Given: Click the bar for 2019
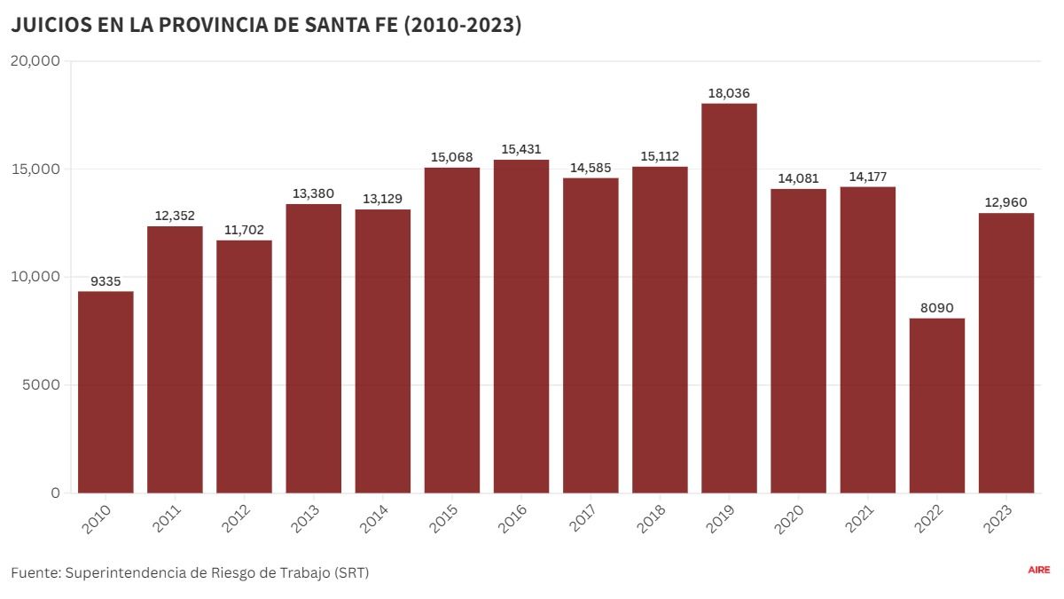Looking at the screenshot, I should click(x=729, y=298).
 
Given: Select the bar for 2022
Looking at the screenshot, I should click(x=937, y=406).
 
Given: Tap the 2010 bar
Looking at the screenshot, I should click(x=106, y=392).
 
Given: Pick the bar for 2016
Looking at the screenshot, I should click(x=521, y=327).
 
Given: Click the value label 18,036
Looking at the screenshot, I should click(x=729, y=93).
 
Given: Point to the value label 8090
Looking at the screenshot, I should click(x=937, y=308).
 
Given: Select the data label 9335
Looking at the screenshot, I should click(x=106, y=281).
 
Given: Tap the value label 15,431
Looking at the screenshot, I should click(x=521, y=149).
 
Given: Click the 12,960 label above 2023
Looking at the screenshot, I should click(x=1006, y=202).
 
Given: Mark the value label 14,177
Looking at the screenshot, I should click(x=867, y=177).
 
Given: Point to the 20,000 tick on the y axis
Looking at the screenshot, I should click(x=35, y=60).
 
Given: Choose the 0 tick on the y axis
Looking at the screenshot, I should click(x=55, y=493).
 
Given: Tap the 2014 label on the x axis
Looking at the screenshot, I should click(x=373, y=519).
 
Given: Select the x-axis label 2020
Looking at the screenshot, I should click(x=789, y=519).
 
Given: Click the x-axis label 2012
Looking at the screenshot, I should click(x=235, y=519).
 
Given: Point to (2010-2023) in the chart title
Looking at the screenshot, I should click(x=462, y=28).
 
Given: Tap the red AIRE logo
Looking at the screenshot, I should click(x=1038, y=570).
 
